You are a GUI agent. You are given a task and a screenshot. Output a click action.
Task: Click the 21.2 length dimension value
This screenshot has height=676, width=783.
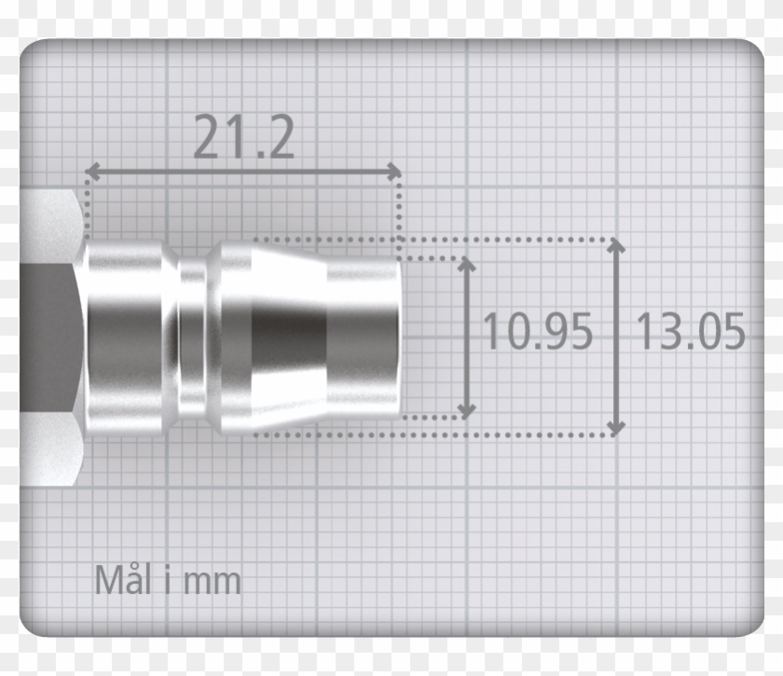244,138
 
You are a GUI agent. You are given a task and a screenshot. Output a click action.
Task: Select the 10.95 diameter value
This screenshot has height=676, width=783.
537,332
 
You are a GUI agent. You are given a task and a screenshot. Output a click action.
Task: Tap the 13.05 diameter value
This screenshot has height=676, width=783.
691,332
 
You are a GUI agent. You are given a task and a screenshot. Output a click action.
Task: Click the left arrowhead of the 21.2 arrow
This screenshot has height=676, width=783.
91,172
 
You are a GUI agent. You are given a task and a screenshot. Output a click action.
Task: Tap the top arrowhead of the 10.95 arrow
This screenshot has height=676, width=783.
467,264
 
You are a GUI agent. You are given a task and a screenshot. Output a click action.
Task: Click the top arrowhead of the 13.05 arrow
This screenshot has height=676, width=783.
615,245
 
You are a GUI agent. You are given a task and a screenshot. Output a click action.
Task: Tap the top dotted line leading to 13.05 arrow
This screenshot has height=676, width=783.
513,240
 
